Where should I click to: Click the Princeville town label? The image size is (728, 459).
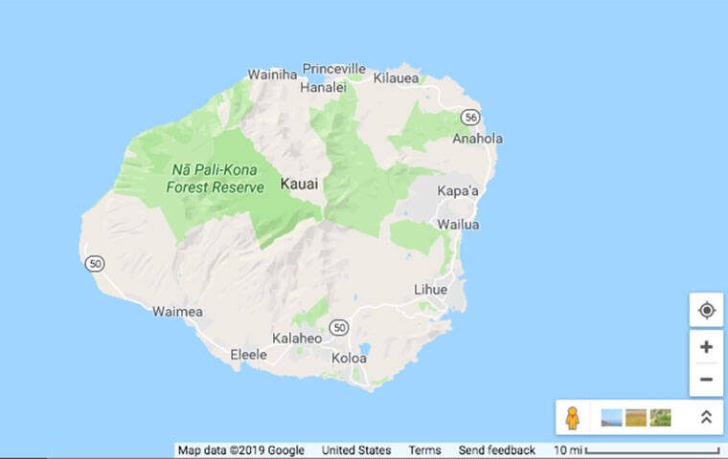click(x=334, y=69)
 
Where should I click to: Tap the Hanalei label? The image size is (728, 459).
click(x=323, y=86)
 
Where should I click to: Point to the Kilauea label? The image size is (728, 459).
click(x=397, y=77)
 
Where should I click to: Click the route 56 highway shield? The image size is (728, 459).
click(x=469, y=117)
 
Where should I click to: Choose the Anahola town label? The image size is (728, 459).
click(x=477, y=139)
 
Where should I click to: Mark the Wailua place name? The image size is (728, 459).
click(x=458, y=225)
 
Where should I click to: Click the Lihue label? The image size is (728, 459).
click(x=430, y=289)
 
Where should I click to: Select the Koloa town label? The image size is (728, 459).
click(x=349, y=358)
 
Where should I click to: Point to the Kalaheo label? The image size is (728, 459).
click(x=297, y=339)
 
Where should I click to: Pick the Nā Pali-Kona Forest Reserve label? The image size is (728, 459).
click(x=215, y=179)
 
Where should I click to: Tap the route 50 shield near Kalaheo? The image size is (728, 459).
click(x=338, y=328)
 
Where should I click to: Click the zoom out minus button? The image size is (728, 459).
click(x=706, y=380)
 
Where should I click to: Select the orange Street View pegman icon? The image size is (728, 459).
click(x=572, y=418)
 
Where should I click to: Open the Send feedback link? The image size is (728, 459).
click(x=496, y=450)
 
